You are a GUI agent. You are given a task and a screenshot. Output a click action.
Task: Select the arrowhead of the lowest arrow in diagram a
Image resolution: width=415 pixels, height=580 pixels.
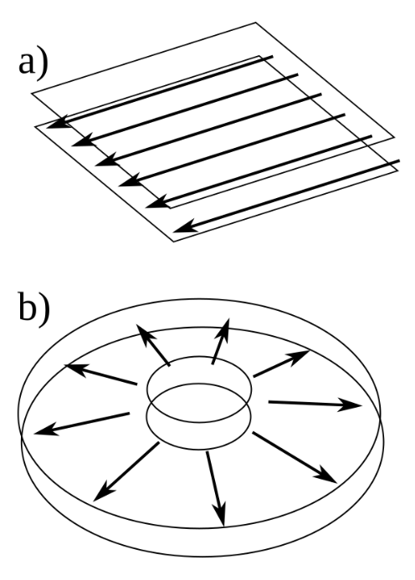click(x=184, y=226)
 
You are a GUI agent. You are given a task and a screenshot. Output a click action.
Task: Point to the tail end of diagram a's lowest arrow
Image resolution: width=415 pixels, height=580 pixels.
click(x=399, y=161)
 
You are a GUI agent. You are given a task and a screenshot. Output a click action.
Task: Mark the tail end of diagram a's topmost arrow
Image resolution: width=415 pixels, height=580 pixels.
click(x=273, y=57)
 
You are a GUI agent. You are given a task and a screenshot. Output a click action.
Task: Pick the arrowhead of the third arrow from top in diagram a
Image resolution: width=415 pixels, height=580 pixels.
click(x=106, y=160)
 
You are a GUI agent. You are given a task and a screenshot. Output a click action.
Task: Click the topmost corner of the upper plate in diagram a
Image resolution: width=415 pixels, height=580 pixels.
click(x=255, y=23)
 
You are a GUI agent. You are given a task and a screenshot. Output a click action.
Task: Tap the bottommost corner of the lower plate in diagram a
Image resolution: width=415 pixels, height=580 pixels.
click(x=174, y=242)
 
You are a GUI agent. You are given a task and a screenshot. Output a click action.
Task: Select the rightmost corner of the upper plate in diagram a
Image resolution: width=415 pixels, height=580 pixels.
click(x=394, y=137)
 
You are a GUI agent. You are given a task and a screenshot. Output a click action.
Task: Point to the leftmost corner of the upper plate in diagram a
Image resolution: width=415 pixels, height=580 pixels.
click(x=32, y=94)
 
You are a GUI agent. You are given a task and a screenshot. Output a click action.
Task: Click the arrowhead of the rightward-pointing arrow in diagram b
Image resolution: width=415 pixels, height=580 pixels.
click(x=351, y=405)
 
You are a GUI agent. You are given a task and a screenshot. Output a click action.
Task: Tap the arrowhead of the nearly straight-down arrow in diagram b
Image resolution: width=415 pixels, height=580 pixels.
click(x=221, y=515)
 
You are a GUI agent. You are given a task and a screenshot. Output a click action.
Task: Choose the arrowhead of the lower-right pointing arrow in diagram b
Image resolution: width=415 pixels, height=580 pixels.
click(x=326, y=475)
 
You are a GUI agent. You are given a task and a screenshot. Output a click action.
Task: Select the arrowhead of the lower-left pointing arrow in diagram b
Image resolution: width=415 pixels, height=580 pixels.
click(x=101, y=493)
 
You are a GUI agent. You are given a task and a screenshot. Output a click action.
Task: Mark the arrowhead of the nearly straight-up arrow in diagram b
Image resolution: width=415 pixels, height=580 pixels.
click(x=224, y=329)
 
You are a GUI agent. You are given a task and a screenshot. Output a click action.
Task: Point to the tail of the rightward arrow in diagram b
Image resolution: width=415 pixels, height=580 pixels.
click(x=269, y=401)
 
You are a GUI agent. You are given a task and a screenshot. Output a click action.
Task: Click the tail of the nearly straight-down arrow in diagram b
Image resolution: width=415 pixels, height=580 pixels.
click(x=207, y=453)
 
